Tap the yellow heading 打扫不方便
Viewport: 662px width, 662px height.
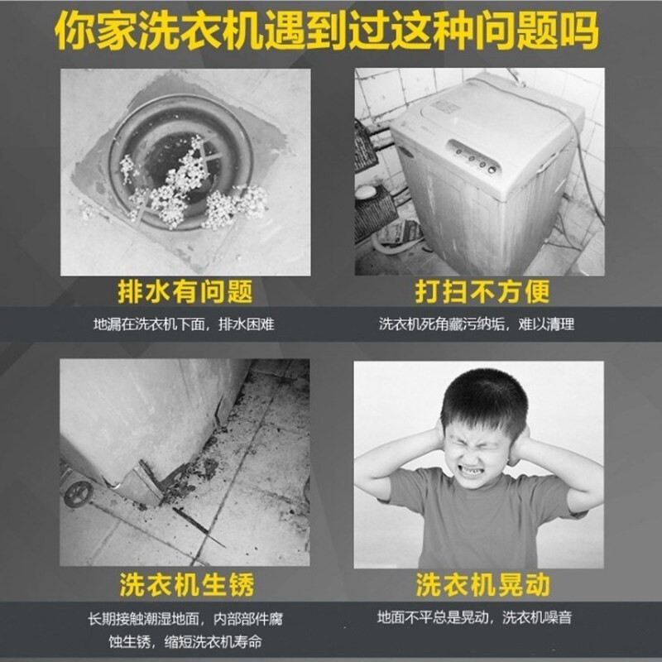[482, 291]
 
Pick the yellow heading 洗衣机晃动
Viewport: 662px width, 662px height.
[482, 585]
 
